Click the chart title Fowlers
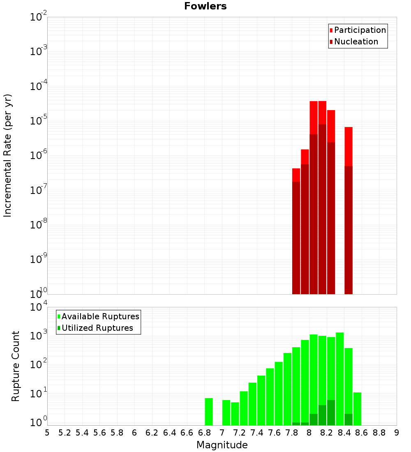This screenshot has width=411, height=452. [x=205, y=6]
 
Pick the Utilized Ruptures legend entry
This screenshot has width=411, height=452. [x=97, y=328]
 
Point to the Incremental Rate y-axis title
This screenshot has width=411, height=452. [x=8, y=156]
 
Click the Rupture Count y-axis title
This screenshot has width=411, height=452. [x=16, y=366]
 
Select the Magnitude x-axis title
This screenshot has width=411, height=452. [x=222, y=445]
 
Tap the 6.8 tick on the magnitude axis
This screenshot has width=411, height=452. [x=204, y=433]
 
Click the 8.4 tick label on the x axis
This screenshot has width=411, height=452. [x=344, y=433]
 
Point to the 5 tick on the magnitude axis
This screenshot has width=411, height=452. [x=47, y=433]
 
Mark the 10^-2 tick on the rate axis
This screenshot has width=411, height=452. [x=39, y=17]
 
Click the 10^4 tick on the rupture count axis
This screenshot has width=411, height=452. [x=39, y=307]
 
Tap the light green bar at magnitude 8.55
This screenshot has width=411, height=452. [x=357, y=409]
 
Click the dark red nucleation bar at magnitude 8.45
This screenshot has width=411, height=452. [x=349, y=230]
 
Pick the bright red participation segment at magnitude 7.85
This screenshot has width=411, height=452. [x=296, y=175]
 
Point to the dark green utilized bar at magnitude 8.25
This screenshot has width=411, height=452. [x=331, y=413]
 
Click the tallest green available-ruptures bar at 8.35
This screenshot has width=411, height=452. [x=339, y=378]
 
